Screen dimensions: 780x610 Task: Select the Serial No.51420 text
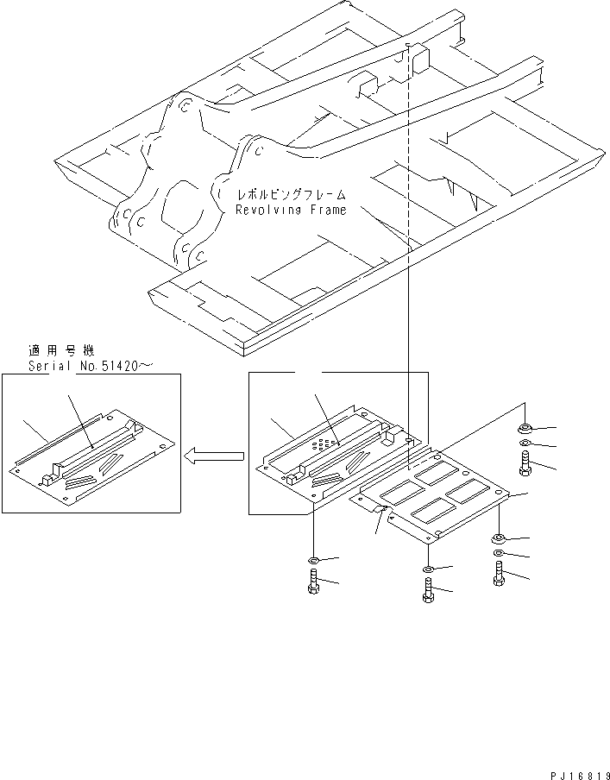(91, 366)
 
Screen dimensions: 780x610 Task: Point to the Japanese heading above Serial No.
(59, 351)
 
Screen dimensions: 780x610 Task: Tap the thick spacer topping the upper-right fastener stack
(525, 428)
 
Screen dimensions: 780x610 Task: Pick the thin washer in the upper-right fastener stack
(525, 446)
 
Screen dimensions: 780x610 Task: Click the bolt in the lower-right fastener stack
(500, 574)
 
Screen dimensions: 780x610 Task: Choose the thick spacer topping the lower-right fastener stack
(500, 538)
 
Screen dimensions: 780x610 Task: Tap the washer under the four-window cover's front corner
(429, 569)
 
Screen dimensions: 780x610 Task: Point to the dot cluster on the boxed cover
(321, 443)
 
